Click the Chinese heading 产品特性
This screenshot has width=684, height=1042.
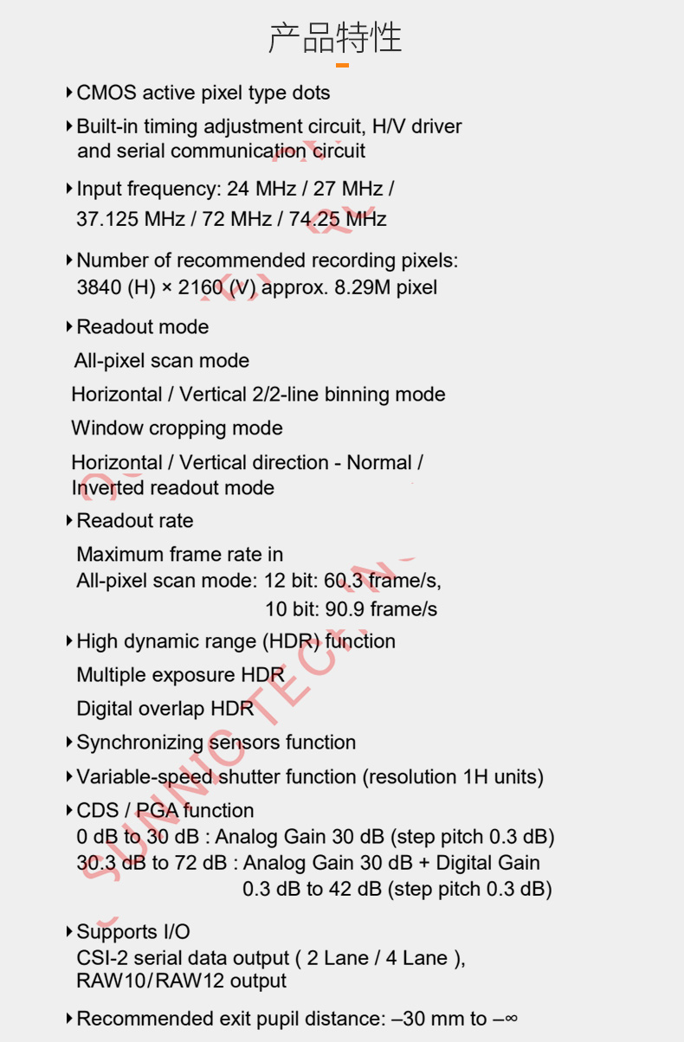click(335, 38)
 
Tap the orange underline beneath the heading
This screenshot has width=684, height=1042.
click(342, 65)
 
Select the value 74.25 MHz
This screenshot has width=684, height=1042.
click(338, 219)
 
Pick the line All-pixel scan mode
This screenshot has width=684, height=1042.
click(162, 361)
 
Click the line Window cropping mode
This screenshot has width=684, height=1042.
click(177, 428)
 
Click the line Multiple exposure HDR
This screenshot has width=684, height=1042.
click(180, 675)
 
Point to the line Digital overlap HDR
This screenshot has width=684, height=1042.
click(165, 709)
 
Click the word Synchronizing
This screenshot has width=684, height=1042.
click(140, 743)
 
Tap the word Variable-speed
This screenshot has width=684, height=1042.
click(145, 777)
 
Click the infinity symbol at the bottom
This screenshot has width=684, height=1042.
click(511, 1019)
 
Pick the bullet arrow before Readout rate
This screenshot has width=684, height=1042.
click(69, 521)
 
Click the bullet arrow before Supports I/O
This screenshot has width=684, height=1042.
click(69, 932)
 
